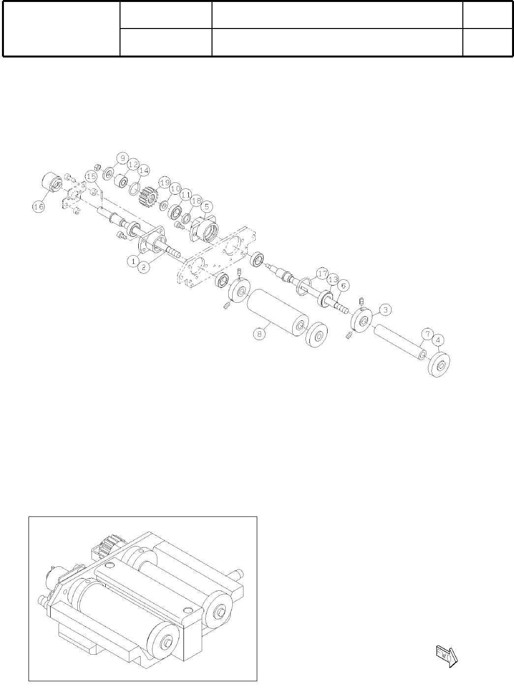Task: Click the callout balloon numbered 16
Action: click(x=39, y=207)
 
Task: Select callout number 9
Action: click(x=123, y=158)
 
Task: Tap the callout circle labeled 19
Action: click(x=165, y=182)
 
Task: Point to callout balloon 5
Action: click(x=207, y=206)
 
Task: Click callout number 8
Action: click(x=259, y=334)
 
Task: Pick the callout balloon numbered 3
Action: click(x=386, y=310)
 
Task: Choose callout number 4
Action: click(x=438, y=341)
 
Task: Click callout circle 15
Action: click(x=91, y=177)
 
